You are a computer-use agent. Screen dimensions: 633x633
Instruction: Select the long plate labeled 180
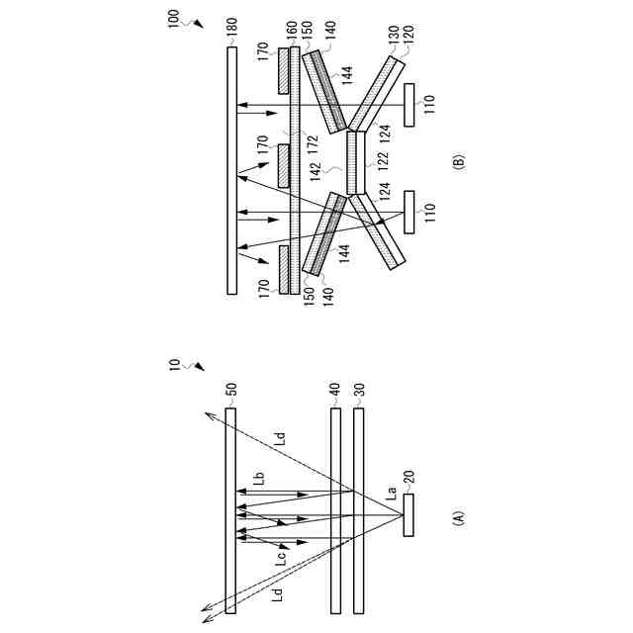(x=231, y=168)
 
